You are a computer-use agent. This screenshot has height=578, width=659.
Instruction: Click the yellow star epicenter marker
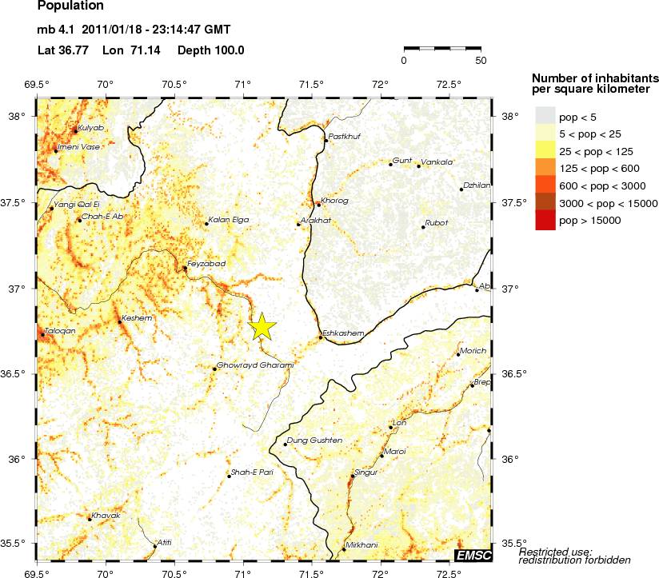[262, 327]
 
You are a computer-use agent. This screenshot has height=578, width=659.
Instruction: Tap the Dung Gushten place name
[315, 440]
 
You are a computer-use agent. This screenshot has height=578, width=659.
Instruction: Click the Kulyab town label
[91, 128]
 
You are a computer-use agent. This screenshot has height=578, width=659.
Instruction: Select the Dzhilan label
[477, 185]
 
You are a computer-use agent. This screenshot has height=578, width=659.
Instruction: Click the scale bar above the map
[442, 49]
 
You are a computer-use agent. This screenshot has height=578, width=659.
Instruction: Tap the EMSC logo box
[473, 554]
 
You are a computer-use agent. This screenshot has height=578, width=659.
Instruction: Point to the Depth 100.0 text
[213, 50]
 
